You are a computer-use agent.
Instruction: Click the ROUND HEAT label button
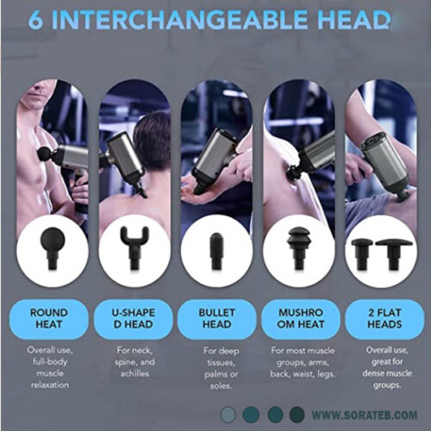click(x=49, y=319)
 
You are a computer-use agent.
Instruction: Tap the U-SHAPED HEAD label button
click(x=133, y=319)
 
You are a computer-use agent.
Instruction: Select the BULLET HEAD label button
click(x=217, y=319)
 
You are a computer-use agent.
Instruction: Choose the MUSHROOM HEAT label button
click(x=301, y=319)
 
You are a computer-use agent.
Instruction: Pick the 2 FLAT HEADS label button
click(x=384, y=319)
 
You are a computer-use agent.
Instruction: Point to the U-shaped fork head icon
click(x=134, y=248)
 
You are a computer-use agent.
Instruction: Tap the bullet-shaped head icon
click(x=217, y=250)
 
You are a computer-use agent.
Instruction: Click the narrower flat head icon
click(x=362, y=254)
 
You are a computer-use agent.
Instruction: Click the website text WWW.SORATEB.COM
click(x=365, y=415)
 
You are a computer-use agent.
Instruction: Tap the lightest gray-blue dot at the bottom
click(x=228, y=415)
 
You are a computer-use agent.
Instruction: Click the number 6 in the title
click(x=35, y=20)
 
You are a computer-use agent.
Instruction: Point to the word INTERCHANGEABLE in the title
click(x=172, y=20)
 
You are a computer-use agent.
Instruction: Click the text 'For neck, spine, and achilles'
click(x=134, y=362)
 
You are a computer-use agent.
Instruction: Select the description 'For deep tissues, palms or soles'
click(x=221, y=368)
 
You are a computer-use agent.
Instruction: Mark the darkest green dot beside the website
click(x=297, y=415)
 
